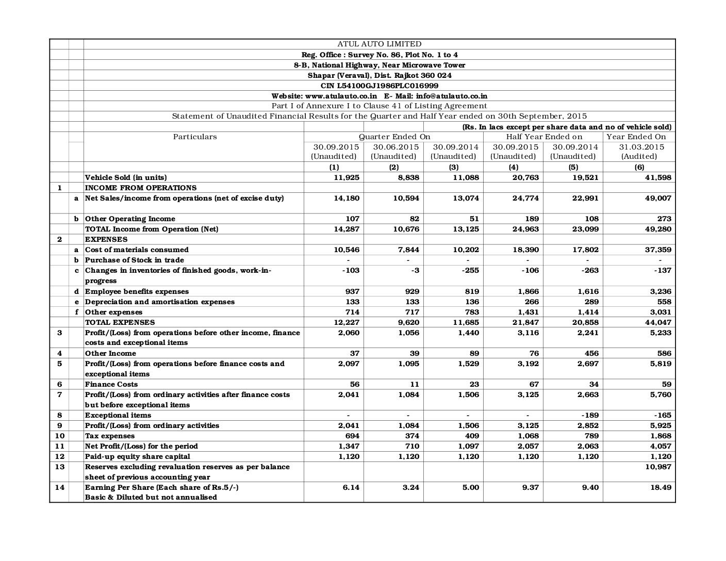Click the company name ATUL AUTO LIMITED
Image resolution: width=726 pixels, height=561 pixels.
point(379,44)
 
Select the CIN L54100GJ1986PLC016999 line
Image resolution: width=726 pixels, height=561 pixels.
point(379,86)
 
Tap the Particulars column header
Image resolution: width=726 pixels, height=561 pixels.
point(194,137)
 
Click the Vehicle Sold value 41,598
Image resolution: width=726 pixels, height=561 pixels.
point(658,177)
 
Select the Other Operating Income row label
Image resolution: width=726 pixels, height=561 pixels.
point(130,219)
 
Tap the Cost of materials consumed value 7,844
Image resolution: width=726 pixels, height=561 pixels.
point(408,250)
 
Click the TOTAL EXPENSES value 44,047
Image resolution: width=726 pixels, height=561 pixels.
point(658,322)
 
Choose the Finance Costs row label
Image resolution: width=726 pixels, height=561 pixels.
point(111,384)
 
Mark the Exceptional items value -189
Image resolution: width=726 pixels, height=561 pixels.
point(590,415)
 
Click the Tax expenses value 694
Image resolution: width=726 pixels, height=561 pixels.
point(350,436)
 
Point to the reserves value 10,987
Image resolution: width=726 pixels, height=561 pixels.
point(658,467)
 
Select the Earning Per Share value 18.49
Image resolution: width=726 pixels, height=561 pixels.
point(662,487)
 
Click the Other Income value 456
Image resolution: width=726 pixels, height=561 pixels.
point(590,353)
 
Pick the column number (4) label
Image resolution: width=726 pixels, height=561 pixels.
point(514,167)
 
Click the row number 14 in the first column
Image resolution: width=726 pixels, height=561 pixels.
point(59,487)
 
